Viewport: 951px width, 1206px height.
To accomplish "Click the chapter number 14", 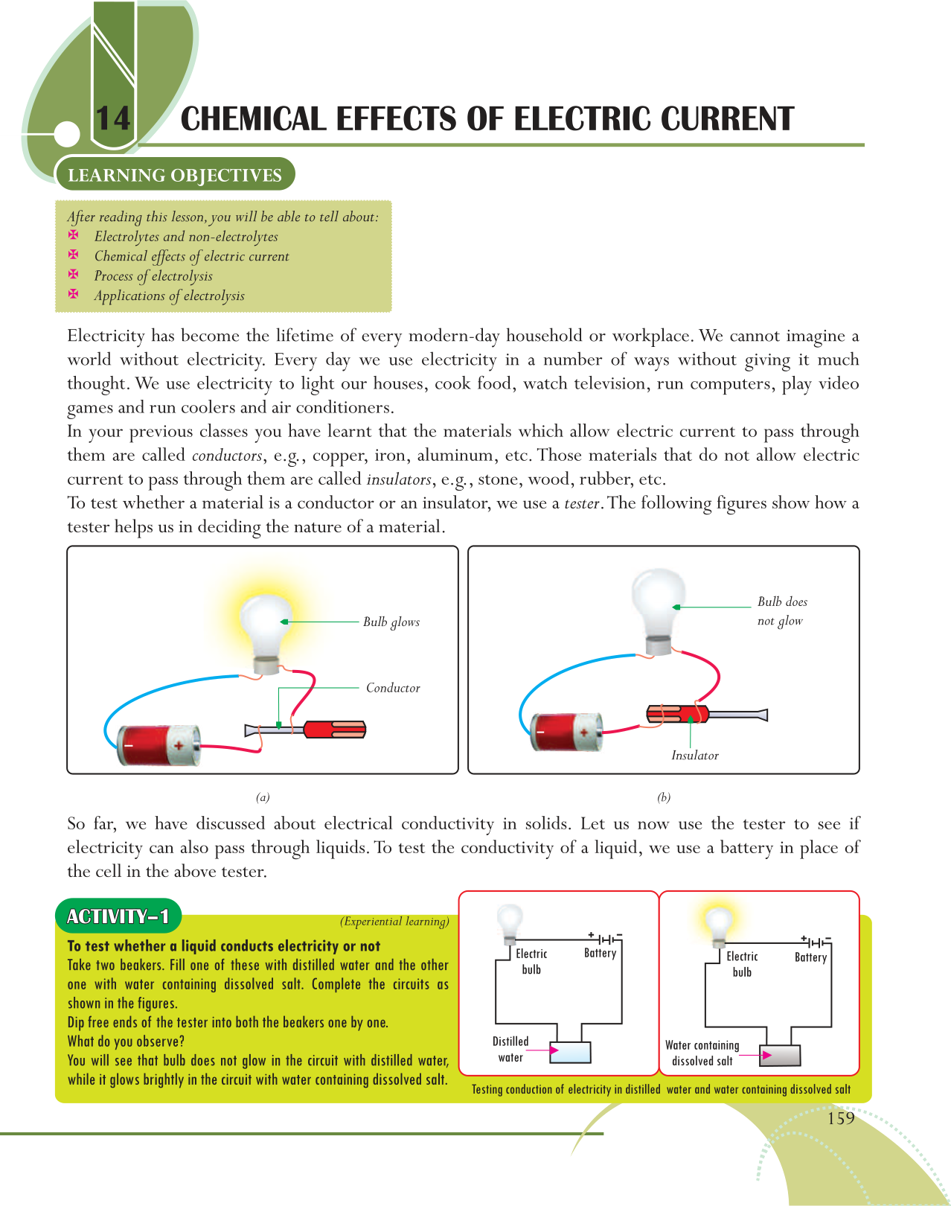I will coord(113,119).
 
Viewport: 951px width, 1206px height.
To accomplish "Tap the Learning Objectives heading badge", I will coord(175,175).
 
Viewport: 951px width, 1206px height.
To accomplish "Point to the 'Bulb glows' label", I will coord(391,622).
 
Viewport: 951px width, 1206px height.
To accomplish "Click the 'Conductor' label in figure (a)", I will coord(393,688).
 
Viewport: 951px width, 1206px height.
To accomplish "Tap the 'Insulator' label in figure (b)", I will coord(694,756).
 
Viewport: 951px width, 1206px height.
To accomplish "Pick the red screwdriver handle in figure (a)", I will coord(335,729).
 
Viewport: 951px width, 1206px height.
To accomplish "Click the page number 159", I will coord(841,1118).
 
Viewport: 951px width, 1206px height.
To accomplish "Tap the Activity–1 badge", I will coord(118,916).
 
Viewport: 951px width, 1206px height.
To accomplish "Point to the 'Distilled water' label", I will coord(510,1049).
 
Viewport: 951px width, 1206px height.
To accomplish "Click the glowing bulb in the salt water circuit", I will coord(719,924).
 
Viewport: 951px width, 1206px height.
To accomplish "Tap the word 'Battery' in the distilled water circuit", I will coord(600,953).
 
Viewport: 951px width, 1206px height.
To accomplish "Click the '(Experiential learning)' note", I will coord(394,922).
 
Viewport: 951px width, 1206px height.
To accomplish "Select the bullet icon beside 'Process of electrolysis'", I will coord(74,275).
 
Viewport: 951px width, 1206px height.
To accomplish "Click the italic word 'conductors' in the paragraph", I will coord(227,456).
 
